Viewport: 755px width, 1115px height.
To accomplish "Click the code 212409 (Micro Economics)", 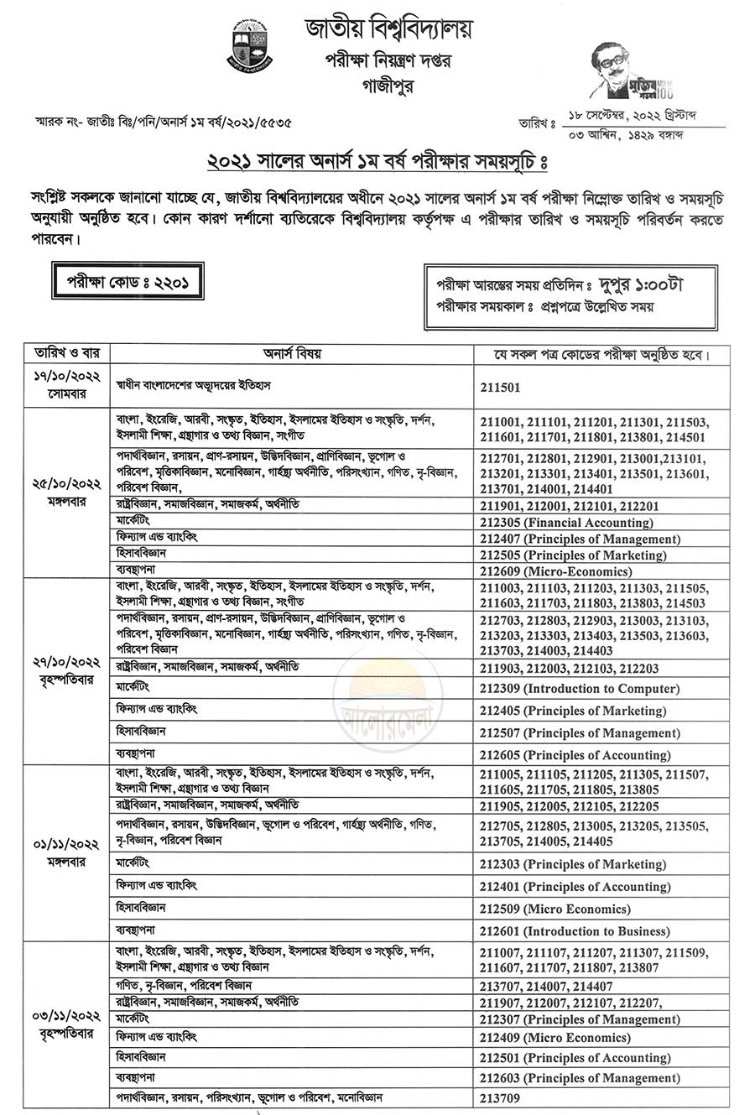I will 555,1038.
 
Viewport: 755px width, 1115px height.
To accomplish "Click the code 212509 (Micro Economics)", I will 555,909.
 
